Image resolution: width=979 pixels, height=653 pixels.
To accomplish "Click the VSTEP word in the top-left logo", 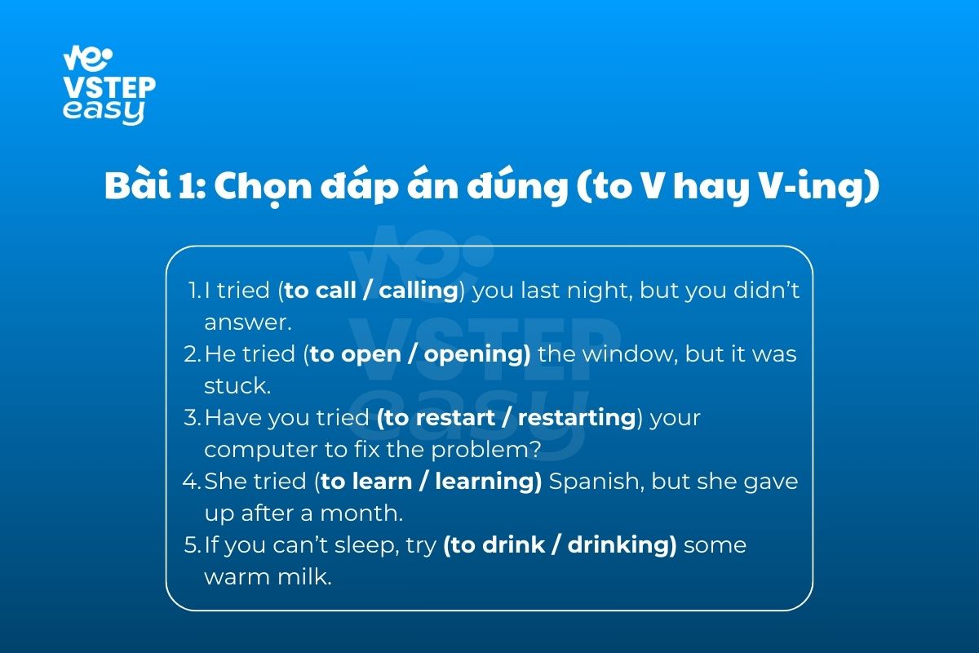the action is coord(109,87).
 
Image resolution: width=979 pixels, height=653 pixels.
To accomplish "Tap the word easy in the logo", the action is coord(104,111).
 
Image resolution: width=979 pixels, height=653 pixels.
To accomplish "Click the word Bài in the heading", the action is coord(137,185).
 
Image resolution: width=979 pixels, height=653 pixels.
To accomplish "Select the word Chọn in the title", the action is coord(263,187).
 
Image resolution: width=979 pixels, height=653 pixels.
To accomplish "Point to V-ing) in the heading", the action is coord(819,187).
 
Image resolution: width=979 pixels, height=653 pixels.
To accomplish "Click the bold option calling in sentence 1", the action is coord(419,291).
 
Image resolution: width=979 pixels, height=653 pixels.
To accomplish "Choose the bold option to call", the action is coord(320,291).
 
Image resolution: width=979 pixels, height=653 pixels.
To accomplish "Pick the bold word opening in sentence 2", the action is coord(474,354).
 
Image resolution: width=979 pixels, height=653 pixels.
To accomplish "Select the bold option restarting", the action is coord(577,418).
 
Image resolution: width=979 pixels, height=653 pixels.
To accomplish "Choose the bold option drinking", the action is coord(618,545).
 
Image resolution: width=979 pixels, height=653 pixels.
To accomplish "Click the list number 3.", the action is coord(191,418).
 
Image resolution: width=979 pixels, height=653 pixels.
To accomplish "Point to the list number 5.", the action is coord(191,545).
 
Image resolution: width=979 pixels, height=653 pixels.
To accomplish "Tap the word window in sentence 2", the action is coord(631,354).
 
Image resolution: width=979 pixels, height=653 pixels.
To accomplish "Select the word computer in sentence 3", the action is coord(261,451).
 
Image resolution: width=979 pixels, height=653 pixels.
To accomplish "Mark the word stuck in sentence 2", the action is coord(237,386).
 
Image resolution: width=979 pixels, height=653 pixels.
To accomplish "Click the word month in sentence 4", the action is coord(360,513).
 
